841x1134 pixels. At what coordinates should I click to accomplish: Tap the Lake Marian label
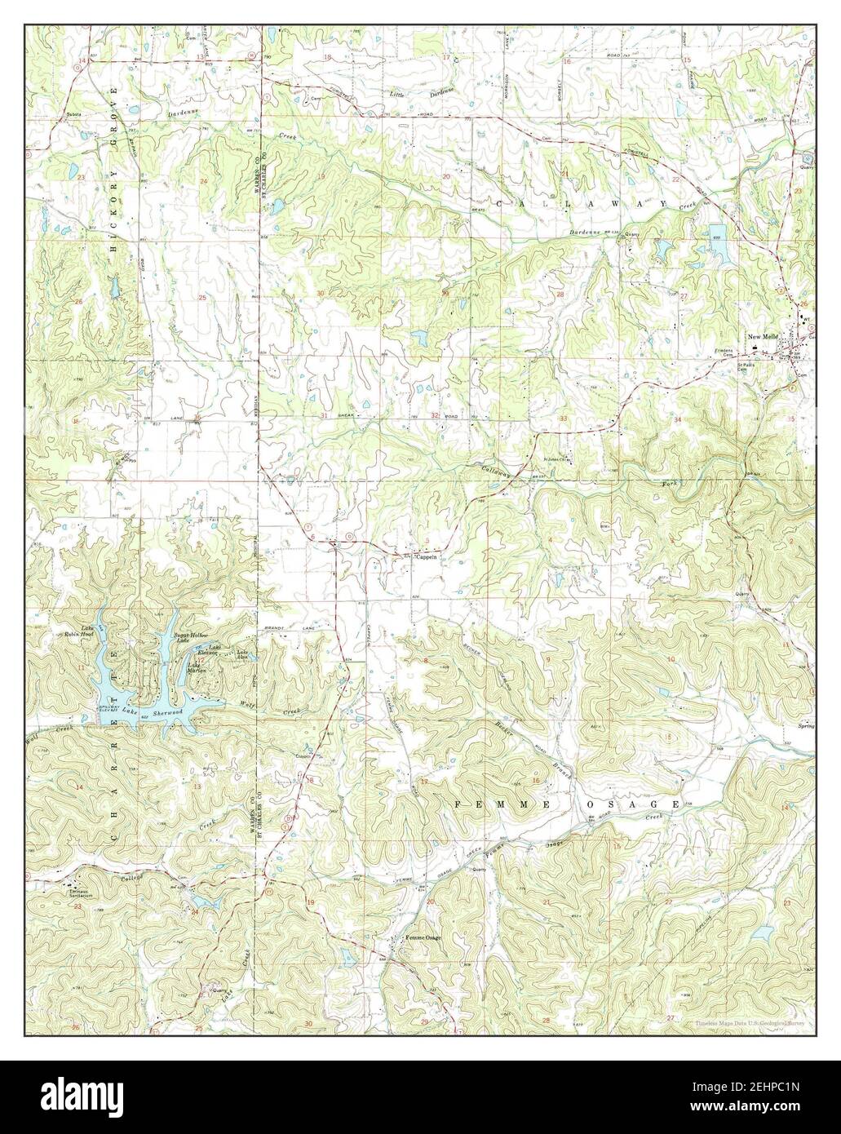(x=196, y=667)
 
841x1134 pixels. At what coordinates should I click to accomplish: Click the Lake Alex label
(x=243, y=653)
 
